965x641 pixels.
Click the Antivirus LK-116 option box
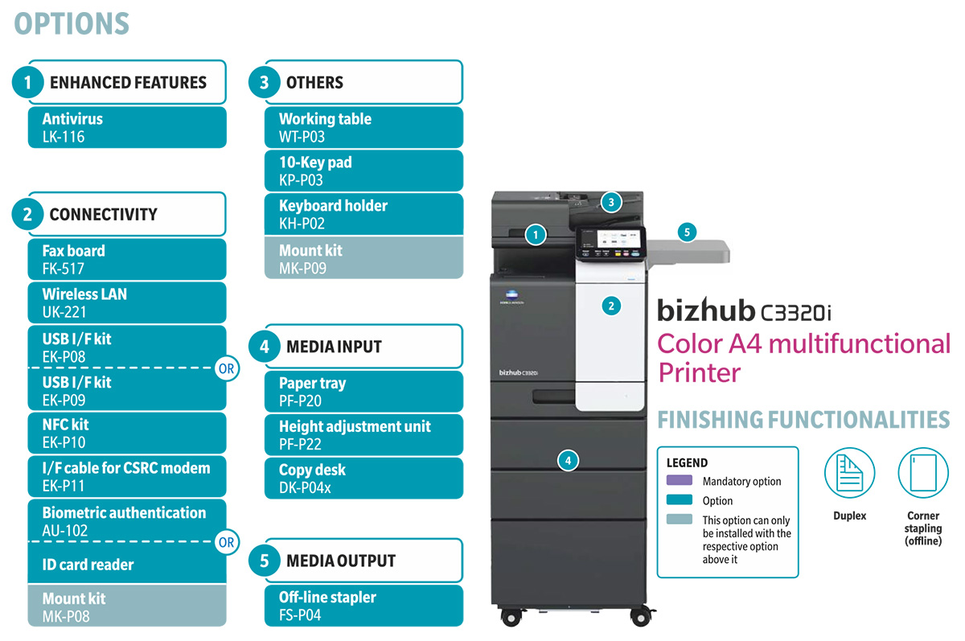(127, 128)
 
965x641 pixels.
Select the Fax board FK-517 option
(127, 260)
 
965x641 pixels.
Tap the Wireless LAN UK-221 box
(127, 303)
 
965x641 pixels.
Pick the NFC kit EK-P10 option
(127, 433)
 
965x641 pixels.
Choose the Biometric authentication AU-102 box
(127, 521)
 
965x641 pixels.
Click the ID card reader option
(127, 565)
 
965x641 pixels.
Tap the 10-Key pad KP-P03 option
(364, 171)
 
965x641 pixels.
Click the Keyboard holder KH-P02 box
(364, 215)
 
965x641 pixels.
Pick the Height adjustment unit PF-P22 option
(364, 435)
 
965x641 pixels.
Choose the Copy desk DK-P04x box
(364, 479)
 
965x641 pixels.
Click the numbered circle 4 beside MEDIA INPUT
(265, 347)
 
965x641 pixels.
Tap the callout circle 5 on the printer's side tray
(686, 232)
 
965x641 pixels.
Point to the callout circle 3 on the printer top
(611, 203)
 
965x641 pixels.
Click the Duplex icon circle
(849, 473)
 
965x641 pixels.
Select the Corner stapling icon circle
(922, 473)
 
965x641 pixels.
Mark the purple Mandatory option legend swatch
(680, 481)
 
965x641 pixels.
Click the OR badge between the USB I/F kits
(227, 370)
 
